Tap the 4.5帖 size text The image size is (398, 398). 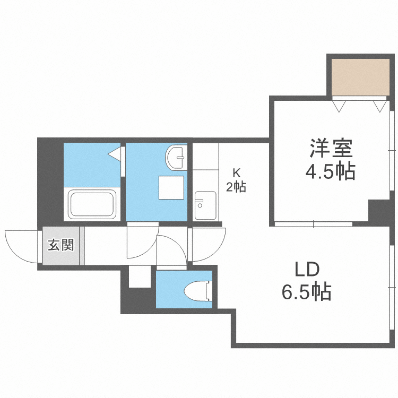click(331, 172)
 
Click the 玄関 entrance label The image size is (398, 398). click(60, 246)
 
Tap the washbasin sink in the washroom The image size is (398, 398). click(177, 156)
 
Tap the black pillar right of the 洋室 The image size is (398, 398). click(379, 211)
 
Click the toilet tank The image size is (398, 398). click(209, 291)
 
